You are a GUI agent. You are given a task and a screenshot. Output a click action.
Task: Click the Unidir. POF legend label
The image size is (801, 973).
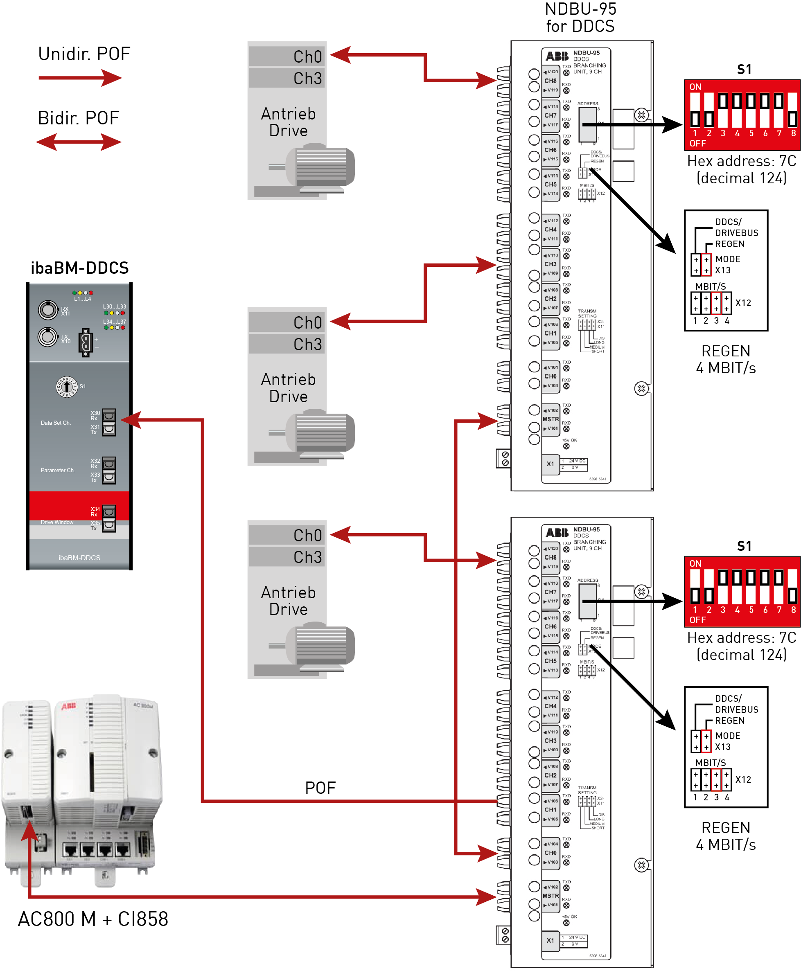coord(84,54)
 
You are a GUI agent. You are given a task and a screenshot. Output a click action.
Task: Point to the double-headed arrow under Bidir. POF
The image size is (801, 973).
coord(79,142)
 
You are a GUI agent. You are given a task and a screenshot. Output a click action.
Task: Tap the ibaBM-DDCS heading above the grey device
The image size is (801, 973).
coord(79,268)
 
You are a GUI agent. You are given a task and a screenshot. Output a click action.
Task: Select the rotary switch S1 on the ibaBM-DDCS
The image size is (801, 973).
coord(66,386)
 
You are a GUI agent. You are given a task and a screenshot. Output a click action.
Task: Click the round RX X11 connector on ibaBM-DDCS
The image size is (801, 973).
coord(47,310)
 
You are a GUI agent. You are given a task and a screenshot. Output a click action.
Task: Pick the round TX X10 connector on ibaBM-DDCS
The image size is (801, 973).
coord(47,337)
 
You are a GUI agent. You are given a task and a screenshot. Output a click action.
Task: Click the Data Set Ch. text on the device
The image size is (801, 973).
coord(55,423)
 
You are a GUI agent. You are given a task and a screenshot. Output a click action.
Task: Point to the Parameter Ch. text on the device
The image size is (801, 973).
coord(57,471)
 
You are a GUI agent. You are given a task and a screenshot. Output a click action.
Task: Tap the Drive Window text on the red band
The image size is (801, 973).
coord(57,523)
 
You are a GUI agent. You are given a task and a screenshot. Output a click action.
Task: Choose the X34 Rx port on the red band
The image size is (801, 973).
coord(109,511)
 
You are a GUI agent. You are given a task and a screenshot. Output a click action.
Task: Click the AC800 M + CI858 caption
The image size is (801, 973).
coord(93,919)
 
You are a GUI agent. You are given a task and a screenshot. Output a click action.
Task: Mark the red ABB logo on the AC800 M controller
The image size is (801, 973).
coord(69,706)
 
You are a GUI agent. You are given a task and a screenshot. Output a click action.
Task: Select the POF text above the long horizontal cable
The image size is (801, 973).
coord(320,788)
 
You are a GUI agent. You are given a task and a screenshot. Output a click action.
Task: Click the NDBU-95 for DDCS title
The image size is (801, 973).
coord(580,18)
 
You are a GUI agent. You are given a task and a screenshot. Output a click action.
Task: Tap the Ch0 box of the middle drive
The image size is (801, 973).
coord(287,323)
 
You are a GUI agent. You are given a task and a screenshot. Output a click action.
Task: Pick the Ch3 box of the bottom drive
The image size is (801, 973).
coord(287,557)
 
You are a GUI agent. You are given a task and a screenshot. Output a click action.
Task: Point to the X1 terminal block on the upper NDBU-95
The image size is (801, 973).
coord(551,464)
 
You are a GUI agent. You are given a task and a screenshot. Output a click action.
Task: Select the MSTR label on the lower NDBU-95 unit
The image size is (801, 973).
coord(551,896)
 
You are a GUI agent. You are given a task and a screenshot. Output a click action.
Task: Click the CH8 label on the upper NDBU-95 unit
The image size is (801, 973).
coord(551,81)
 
